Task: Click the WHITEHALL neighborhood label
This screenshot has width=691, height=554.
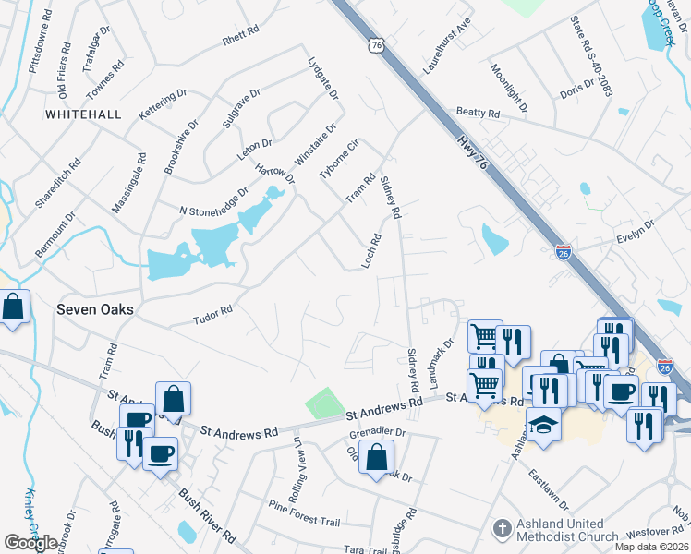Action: (83, 114)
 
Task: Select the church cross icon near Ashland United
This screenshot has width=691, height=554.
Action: (502, 529)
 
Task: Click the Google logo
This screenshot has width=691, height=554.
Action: (30, 543)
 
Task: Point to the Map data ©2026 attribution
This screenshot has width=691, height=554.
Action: (651, 547)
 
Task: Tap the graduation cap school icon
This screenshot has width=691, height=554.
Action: (543, 425)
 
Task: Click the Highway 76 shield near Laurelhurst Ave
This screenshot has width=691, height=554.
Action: (374, 44)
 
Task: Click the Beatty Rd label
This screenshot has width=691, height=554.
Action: (477, 114)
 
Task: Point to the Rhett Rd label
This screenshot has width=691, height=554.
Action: (237, 41)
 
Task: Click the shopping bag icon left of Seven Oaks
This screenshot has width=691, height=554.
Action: (13, 307)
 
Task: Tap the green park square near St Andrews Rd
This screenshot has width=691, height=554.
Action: (323, 403)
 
